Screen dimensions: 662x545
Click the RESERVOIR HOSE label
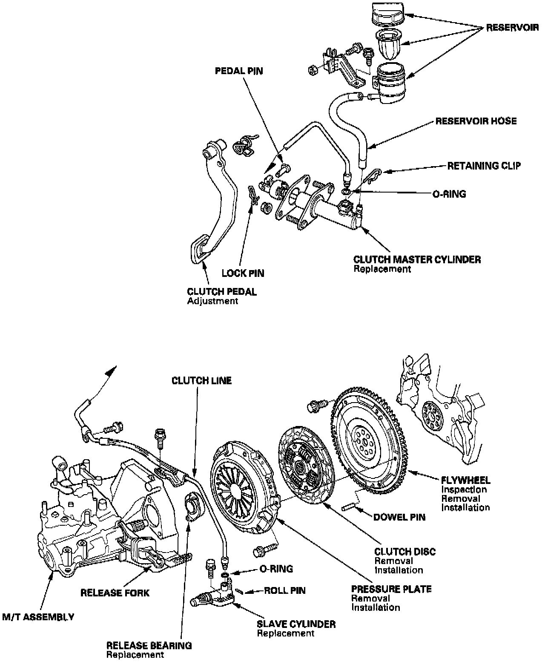point(476,121)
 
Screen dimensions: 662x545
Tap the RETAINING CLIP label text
point(484,166)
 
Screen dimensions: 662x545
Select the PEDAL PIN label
point(238,71)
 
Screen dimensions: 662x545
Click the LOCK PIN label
point(243,273)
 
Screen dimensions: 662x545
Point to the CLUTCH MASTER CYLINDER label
point(417,259)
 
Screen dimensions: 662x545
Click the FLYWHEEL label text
point(466,480)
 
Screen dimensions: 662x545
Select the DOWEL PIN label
point(399,517)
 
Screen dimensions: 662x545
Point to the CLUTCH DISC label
point(405,552)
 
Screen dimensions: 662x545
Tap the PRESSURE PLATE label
point(391,589)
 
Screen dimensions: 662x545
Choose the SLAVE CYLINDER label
point(296,624)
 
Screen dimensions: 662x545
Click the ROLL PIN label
point(285,591)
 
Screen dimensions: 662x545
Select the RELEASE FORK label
point(115,593)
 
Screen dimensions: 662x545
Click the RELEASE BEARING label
point(149,645)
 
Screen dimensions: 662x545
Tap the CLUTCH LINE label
point(201,380)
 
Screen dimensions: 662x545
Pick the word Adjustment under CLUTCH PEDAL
point(212,301)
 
